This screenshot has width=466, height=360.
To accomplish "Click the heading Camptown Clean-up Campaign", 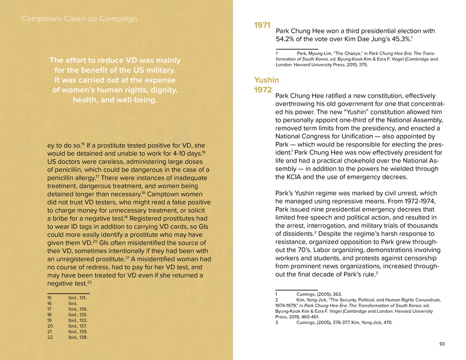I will (x=79, y=19).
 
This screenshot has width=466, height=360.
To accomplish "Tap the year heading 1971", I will (x=262, y=25).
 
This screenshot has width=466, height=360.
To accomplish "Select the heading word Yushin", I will (x=266, y=80).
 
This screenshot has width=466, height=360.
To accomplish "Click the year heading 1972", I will (x=263, y=90).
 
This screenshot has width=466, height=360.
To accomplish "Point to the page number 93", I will (x=442, y=344).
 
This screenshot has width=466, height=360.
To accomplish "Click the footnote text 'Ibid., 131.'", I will (x=77, y=298).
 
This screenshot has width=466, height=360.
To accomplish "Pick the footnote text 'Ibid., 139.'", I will (x=77, y=332).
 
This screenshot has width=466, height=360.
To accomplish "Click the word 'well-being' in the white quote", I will (x=135, y=100).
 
